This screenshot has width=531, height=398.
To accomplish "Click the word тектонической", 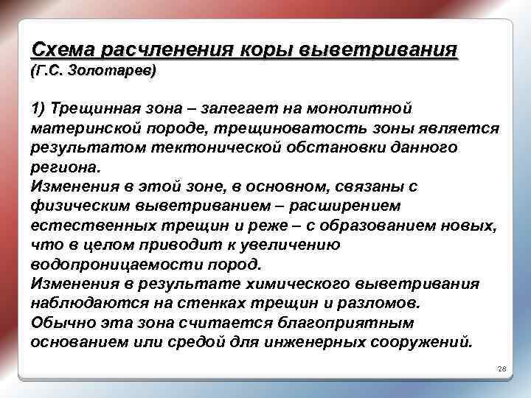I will pyautogui.click(x=202, y=148).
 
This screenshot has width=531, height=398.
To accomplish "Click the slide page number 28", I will pyautogui.click(x=502, y=368).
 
